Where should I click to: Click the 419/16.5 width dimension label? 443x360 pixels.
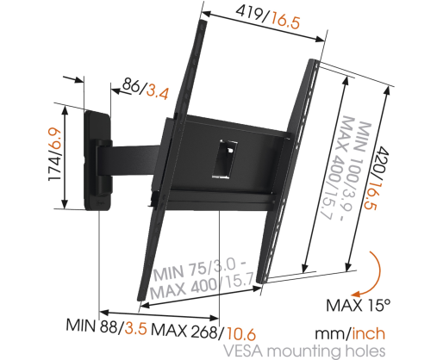[267, 17]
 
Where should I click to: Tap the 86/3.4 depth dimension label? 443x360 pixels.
[146, 90]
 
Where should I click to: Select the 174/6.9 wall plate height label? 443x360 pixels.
[54, 154]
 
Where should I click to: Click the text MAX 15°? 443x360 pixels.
[359, 305]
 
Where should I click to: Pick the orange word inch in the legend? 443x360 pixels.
[369, 334]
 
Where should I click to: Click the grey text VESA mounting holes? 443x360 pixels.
[304, 351]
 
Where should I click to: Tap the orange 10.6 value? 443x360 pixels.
[240, 334]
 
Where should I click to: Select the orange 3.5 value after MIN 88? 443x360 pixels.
[135, 328]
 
